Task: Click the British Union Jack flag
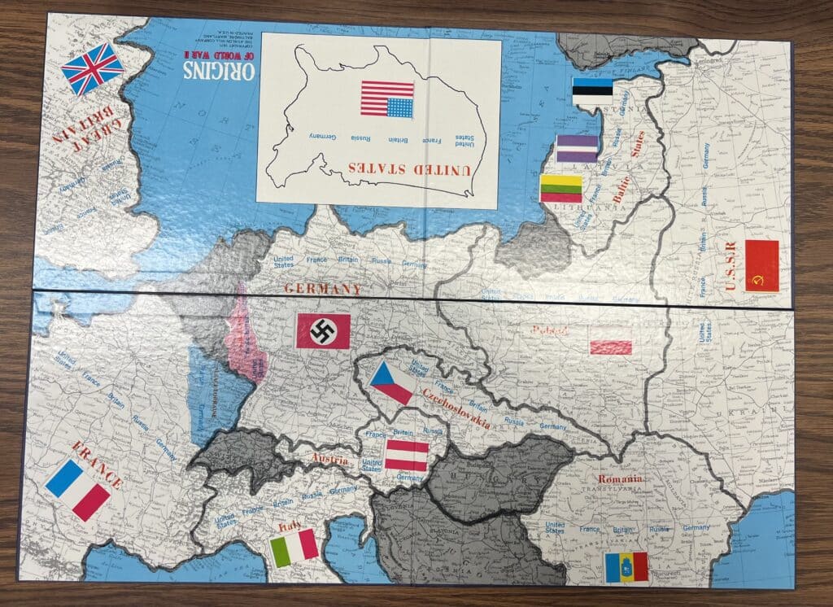click(93, 69)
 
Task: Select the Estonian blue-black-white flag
click(592, 91)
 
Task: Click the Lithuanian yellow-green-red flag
click(561, 189)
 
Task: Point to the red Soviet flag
click(762, 264)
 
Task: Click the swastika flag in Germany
click(323, 331)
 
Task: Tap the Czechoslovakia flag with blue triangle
click(391, 383)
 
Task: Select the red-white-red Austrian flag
click(406, 456)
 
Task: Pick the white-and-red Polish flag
click(611, 347)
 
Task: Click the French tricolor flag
click(78, 489)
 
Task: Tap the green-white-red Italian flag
click(294, 548)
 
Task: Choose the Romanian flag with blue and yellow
click(626, 567)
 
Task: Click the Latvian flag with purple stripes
click(577, 149)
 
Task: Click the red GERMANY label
click(323, 289)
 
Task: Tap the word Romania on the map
click(620, 479)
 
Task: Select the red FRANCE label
click(97, 464)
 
